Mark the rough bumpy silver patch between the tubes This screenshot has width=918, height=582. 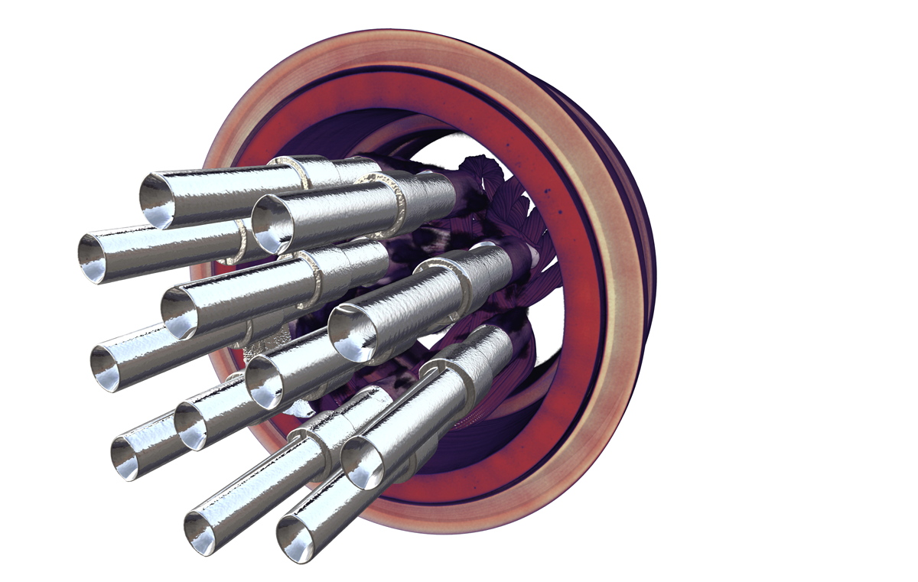[x=264, y=344]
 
